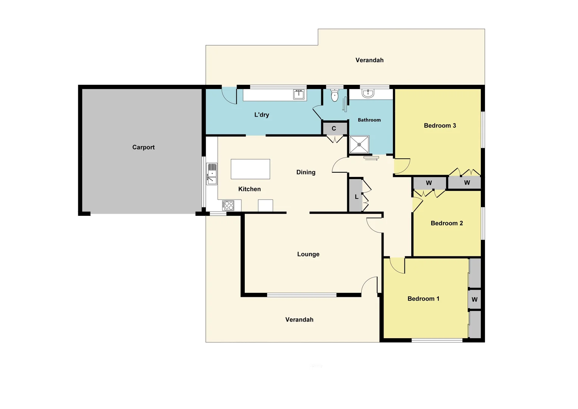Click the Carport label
[x=143, y=147]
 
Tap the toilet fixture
[x=334, y=95]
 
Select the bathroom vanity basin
[x=368, y=93]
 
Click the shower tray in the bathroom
[x=359, y=144]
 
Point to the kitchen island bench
[x=250, y=169]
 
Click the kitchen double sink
[x=211, y=174]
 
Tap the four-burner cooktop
[x=228, y=205]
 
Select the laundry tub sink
[x=299, y=94]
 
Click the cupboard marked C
[x=334, y=129]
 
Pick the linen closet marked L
[x=356, y=197]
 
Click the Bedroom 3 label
[x=440, y=126]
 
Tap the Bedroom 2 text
[x=446, y=223]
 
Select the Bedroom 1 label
[x=423, y=299]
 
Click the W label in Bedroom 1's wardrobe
[x=474, y=300]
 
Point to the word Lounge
[x=308, y=254]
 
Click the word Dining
[x=306, y=172]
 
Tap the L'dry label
[x=261, y=115]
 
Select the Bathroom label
[x=369, y=120]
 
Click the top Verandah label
[x=369, y=60]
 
